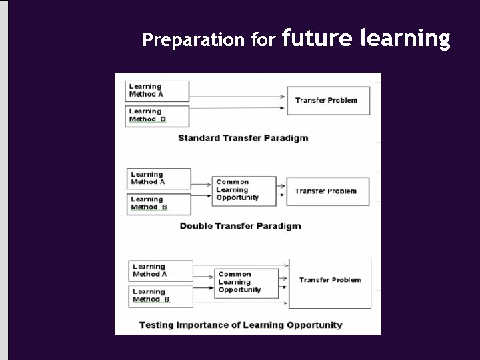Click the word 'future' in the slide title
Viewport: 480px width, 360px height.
coord(317,39)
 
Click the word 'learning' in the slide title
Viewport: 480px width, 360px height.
coord(405,39)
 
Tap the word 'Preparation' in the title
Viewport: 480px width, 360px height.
coord(193,41)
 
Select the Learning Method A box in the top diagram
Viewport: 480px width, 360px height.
coord(157,91)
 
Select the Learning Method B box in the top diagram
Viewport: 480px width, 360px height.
coord(157,115)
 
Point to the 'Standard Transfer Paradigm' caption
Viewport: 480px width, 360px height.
coord(243,139)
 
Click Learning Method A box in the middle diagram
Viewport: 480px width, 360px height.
coord(159,179)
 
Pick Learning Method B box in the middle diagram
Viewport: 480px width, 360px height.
coord(159,203)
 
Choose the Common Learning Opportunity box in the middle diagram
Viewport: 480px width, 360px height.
coord(245,190)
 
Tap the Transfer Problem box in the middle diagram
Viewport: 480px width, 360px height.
coord(327,191)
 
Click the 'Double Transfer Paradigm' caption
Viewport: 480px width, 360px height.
coord(240,226)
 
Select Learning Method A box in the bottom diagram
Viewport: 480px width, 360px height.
coord(160,271)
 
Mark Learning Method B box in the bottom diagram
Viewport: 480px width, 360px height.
coord(160,295)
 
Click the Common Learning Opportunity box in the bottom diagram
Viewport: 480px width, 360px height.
coord(247,282)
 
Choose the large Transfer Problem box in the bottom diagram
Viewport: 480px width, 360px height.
coord(329,283)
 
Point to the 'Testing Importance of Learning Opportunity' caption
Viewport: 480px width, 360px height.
coord(240,326)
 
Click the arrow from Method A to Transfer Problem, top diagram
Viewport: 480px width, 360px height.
coord(237,93)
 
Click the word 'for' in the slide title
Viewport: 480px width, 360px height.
coord(263,41)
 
